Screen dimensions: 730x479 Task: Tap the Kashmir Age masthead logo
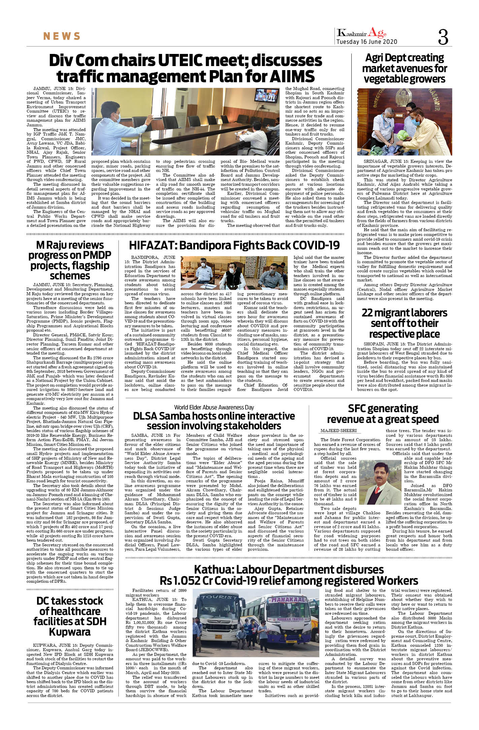point(362,33)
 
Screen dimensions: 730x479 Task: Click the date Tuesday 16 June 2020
point(367,42)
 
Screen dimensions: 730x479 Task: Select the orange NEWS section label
point(62,36)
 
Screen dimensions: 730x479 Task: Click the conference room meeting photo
point(186,122)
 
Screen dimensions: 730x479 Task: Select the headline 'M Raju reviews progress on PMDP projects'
point(70,260)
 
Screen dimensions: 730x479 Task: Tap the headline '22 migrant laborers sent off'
point(404,323)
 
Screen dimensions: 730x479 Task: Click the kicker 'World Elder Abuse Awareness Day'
point(214,407)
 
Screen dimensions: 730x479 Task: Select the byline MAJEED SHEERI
point(338,430)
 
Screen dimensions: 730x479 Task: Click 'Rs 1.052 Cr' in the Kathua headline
point(185,580)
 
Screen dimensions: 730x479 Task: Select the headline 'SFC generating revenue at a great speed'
point(383,414)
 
